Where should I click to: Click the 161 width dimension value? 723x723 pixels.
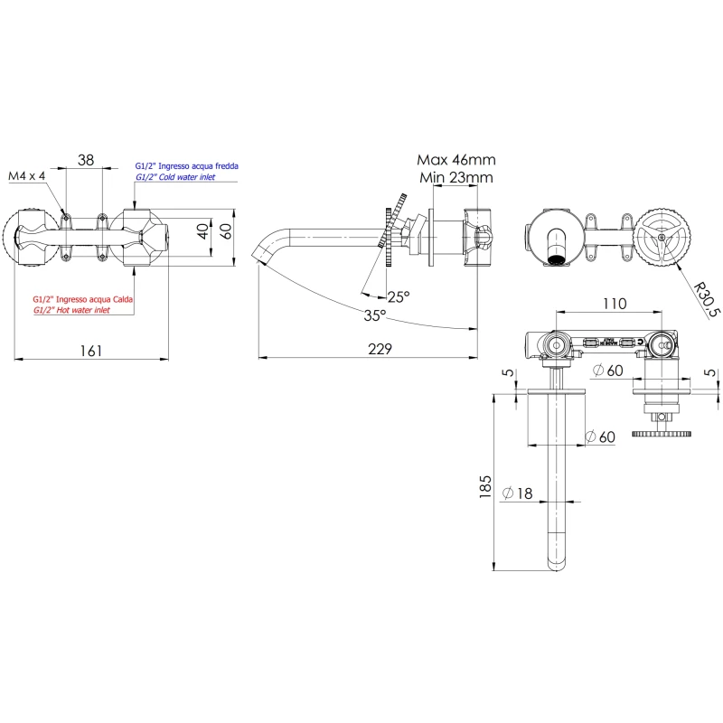[91, 350]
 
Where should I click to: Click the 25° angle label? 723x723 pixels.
[398, 296]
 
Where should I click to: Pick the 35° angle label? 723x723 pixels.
[374, 315]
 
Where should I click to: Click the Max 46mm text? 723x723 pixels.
[456, 160]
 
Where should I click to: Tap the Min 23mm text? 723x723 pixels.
[456, 178]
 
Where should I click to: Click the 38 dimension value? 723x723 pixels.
[85, 160]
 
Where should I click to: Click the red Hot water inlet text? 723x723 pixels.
[71, 309]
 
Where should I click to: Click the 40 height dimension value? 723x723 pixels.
[204, 230]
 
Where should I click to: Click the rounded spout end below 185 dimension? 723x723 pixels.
[557, 558]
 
